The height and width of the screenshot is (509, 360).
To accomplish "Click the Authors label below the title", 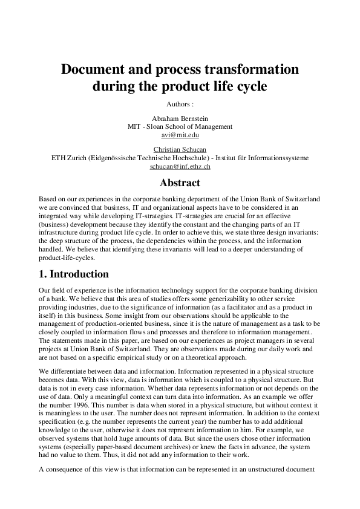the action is pyautogui.click(x=180, y=104).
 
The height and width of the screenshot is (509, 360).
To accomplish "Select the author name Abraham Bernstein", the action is pyautogui.click(x=180, y=118).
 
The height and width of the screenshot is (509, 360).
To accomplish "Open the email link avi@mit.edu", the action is pyautogui.click(x=180, y=135).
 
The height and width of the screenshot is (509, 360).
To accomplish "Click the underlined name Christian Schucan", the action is pyautogui.click(x=180, y=149).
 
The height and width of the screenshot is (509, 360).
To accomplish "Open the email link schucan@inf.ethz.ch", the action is pyautogui.click(x=180, y=166).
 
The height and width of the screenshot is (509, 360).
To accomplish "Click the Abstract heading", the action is pyautogui.click(x=180, y=183).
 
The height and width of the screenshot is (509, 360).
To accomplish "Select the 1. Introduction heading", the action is pyautogui.click(x=74, y=274).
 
